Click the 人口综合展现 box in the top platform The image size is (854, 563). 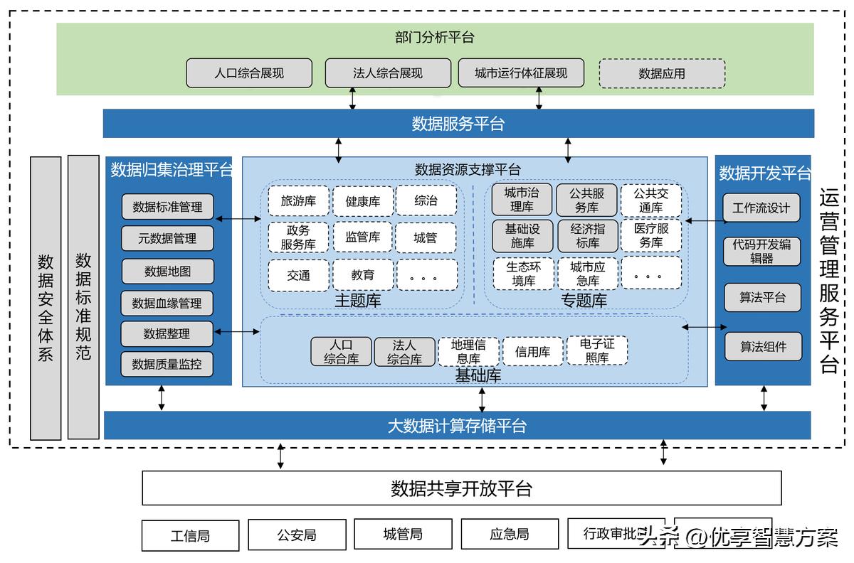249,73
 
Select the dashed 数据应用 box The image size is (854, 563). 662,73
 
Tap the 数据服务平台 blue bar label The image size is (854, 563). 458,124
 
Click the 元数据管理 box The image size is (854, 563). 167,239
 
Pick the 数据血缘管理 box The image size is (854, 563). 167,304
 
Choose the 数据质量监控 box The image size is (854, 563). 167,365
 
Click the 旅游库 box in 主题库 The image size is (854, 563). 298,201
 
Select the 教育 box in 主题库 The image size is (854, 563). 362,275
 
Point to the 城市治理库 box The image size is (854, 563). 522,200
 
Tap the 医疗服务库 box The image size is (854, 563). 650,236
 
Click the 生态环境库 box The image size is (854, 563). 523,274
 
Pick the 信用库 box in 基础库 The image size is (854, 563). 532,352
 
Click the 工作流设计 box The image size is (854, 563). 761,208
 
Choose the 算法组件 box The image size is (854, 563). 763,347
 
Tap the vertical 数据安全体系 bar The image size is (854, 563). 46,298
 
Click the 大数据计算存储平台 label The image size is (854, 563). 457,426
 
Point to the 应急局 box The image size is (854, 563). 510,535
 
